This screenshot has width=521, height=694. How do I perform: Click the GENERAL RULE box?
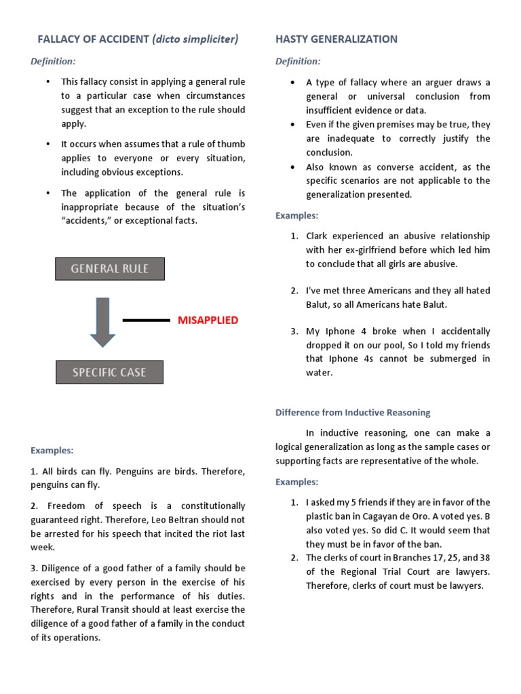pyautogui.click(x=109, y=269)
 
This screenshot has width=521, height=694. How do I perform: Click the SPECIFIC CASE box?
pyautogui.click(x=109, y=372)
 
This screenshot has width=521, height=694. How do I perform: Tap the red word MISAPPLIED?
pyautogui.click(x=208, y=320)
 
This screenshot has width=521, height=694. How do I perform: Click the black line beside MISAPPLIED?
pyautogui.click(x=146, y=320)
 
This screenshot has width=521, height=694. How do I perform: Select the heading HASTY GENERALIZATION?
pyautogui.click(x=336, y=39)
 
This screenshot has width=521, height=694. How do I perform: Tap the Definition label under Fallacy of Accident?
pyautogui.click(x=53, y=62)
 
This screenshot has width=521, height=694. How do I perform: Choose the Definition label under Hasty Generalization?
pyautogui.click(x=298, y=62)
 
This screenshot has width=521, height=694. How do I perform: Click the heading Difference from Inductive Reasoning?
pyautogui.click(x=353, y=412)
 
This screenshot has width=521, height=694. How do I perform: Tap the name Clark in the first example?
pyautogui.click(x=317, y=236)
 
